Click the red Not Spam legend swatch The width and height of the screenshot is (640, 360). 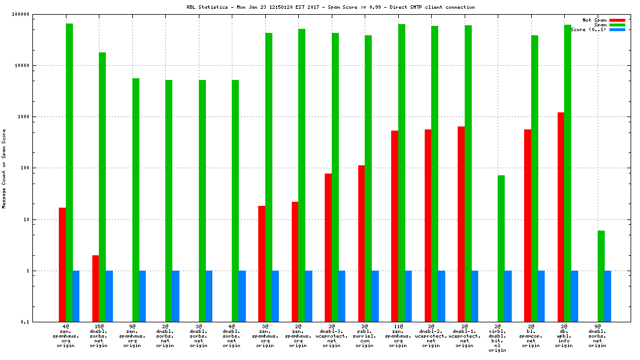point(617,20)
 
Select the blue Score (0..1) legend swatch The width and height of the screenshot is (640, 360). point(617,29)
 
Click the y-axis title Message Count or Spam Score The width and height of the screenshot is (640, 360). point(4,169)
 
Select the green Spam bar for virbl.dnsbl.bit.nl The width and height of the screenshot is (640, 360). point(501,248)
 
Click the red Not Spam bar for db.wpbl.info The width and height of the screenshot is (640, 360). point(561,217)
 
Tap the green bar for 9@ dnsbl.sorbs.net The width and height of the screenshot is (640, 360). point(601,276)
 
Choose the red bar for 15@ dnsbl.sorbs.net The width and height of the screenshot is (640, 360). point(95,288)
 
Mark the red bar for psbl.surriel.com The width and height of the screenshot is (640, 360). point(361,244)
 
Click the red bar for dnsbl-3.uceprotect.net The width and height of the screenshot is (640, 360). point(328,248)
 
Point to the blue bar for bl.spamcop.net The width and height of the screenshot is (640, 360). point(541,296)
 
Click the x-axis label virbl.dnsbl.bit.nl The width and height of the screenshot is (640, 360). point(498,338)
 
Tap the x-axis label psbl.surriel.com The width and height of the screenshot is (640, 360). point(365,335)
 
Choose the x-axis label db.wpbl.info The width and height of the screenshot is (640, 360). point(564,335)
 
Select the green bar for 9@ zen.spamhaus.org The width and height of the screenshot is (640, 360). point(136,200)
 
